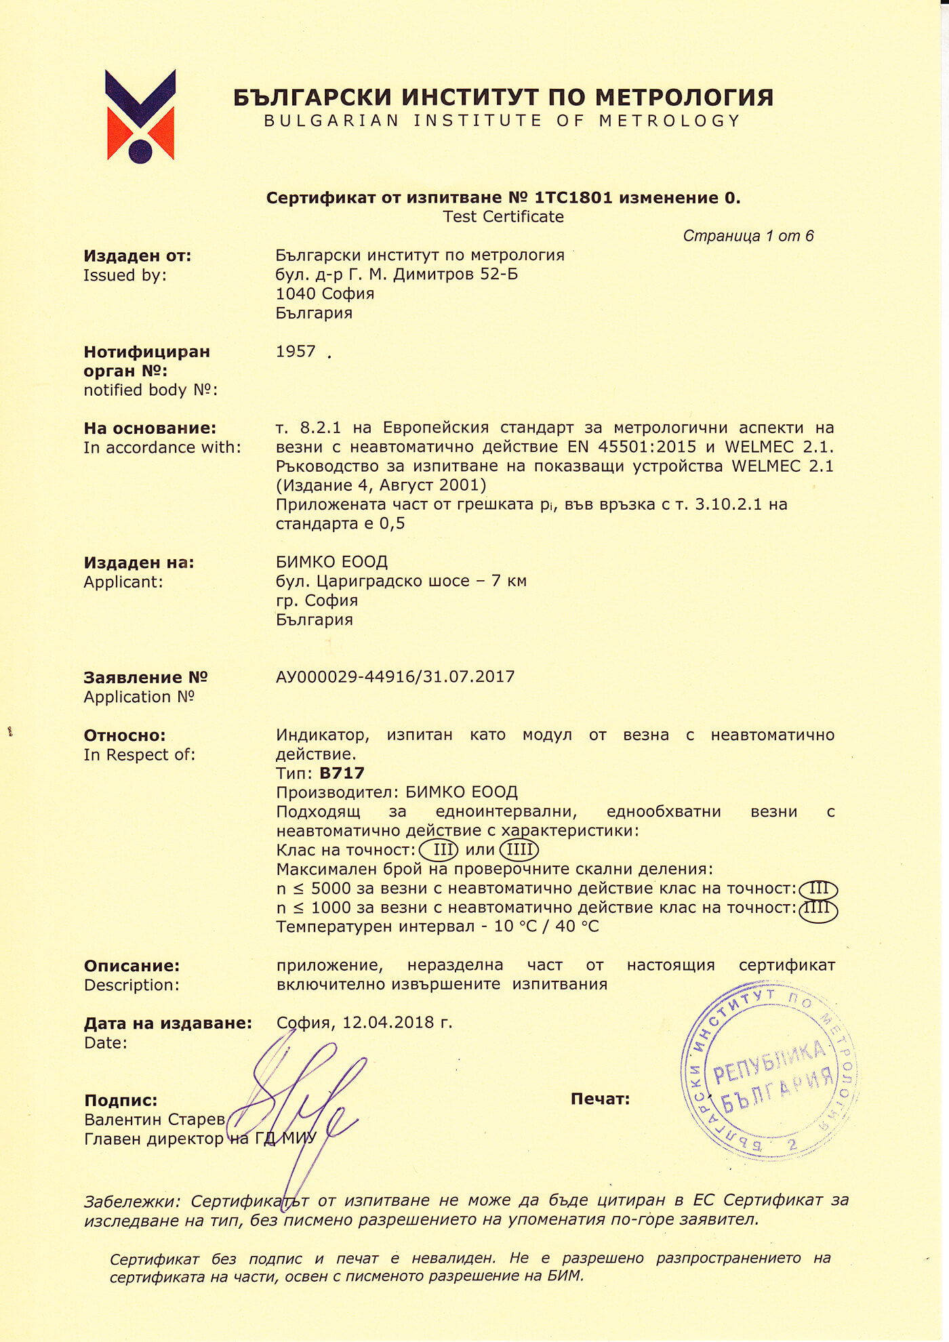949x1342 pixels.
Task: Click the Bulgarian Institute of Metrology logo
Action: pyautogui.click(x=141, y=116)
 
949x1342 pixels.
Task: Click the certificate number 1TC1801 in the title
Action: pyautogui.click(x=573, y=198)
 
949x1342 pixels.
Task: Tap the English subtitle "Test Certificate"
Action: pyautogui.click(x=503, y=217)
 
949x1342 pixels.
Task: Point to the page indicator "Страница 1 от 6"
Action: pyautogui.click(x=748, y=236)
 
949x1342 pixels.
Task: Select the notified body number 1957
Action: pyautogui.click(x=296, y=351)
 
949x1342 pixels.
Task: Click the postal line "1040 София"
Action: pyautogui.click(x=325, y=293)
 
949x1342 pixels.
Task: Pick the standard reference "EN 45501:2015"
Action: pyautogui.click(x=647, y=447)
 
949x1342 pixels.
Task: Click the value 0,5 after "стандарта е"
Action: pyautogui.click(x=392, y=523)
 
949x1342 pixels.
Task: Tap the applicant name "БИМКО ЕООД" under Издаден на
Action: pyautogui.click(x=331, y=562)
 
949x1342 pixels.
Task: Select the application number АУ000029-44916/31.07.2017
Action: pyautogui.click(x=395, y=676)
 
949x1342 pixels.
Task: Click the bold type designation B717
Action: pyautogui.click(x=342, y=773)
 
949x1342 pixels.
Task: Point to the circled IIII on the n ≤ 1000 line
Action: pyautogui.click(x=818, y=909)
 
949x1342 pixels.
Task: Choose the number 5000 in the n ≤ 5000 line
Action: pyautogui.click(x=331, y=889)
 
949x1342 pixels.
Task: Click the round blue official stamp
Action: pyautogui.click(x=769, y=1071)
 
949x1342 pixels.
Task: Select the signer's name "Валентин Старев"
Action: pyautogui.click(x=155, y=1120)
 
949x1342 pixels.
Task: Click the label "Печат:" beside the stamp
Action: pyautogui.click(x=600, y=1099)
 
